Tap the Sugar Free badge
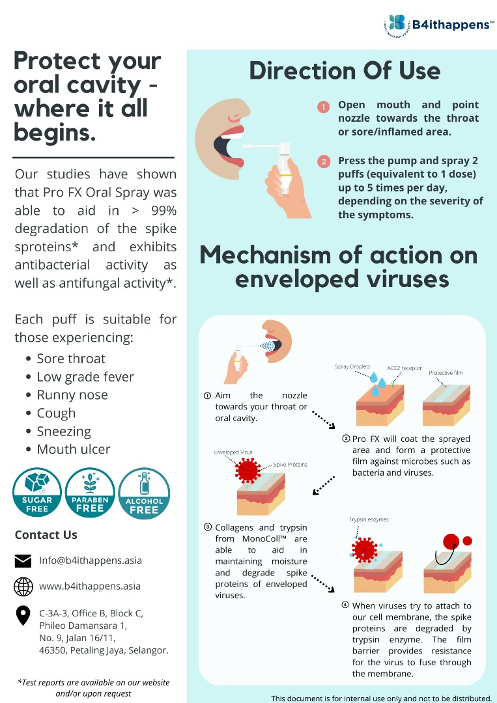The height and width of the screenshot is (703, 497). [x=36, y=493]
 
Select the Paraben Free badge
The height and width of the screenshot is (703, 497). [x=90, y=493]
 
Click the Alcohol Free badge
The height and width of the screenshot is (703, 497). [x=144, y=493]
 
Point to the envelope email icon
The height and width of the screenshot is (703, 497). [x=23, y=561]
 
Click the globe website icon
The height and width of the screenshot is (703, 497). [x=23, y=586]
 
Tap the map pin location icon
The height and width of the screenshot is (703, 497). [x=23, y=616]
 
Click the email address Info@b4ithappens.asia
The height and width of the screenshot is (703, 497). [x=91, y=560]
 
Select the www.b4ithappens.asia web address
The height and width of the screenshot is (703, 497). [x=90, y=586]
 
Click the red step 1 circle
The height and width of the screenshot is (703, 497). [x=324, y=107]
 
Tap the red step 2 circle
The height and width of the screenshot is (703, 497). [x=324, y=161]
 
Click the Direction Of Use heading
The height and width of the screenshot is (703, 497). [x=345, y=71]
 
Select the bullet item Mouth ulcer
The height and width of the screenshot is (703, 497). [x=74, y=449]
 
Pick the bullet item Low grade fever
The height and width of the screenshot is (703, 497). [x=85, y=377]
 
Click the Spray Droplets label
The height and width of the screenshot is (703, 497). [x=352, y=366]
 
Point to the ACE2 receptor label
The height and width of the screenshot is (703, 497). [x=405, y=368]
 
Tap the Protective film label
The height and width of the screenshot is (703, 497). [x=446, y=372]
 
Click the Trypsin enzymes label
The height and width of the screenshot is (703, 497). [x=369, y=519]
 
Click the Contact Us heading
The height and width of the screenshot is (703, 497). [x=46, y=535]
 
